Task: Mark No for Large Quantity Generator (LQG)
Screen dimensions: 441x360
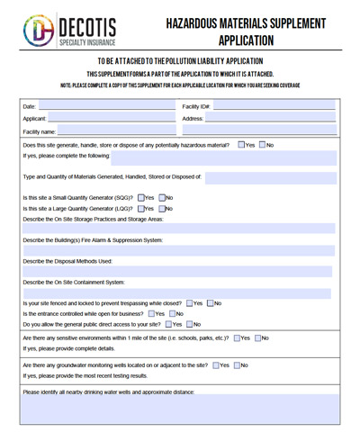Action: click(x=160, y=209)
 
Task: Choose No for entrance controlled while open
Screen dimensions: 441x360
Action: click(x=171, y=313)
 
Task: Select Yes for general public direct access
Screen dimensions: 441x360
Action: click(x=167, y=324)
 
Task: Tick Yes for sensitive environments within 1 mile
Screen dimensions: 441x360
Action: click(x=236, y=337)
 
